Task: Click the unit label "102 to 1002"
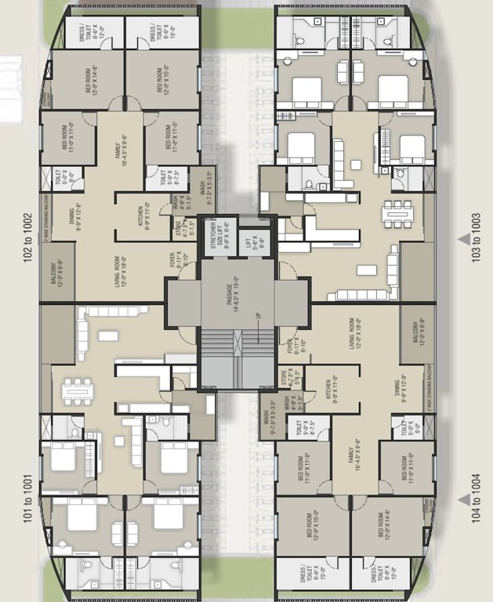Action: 27,238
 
